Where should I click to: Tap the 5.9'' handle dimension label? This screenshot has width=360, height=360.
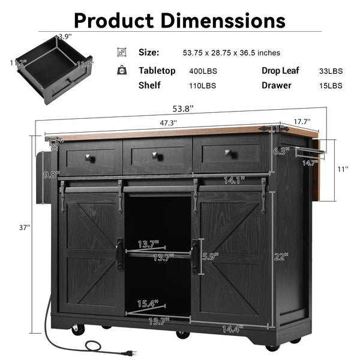(x=211, y=255)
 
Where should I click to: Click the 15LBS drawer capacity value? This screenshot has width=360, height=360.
(x=331, y=86)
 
